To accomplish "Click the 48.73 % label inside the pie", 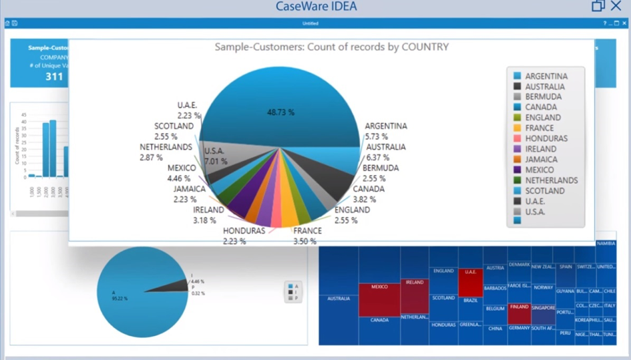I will [x=280, y=113].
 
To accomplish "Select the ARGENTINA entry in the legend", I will [x=546, y=76].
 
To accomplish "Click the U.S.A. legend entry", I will [x=535, y=212].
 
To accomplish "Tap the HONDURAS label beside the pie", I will [x=244, y=231].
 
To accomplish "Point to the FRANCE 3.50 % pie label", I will [x=307, y=236].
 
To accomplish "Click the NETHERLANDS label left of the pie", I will [x=165, y=147].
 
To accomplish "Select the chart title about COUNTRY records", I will [x=331, y=47].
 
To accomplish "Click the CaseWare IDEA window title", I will [x=316, y=7].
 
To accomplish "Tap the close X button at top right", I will [x=616, y=6].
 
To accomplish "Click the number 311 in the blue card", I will [x=54, y=77].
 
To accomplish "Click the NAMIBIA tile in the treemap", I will [x=606, y=243].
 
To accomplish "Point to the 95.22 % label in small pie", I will [x=120, y=298].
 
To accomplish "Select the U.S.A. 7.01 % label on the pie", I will [x=214, y=156].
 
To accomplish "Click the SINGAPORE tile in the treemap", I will [x=543, y=312].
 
